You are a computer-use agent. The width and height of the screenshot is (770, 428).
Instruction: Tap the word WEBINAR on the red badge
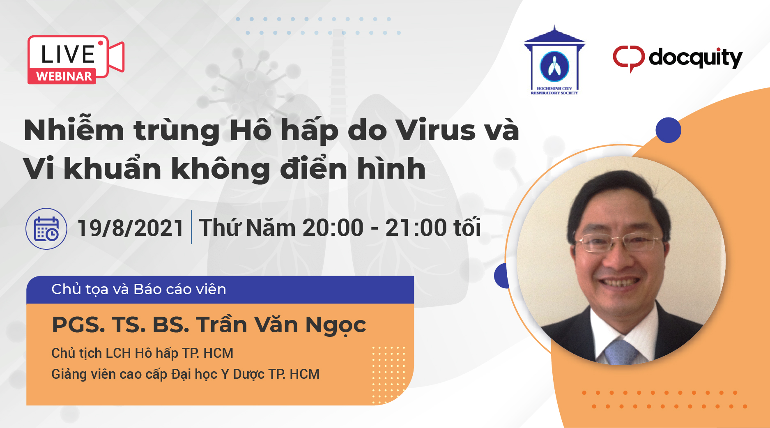[64, 76]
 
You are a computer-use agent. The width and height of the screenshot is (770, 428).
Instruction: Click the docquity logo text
[696, 58]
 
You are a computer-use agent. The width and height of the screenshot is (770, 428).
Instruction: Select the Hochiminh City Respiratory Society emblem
[554, 60]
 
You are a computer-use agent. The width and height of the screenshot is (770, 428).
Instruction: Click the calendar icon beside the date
[46, 229]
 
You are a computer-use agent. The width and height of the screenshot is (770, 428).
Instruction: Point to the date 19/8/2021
[130, 228]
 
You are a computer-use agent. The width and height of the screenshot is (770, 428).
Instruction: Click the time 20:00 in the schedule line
[333, 228]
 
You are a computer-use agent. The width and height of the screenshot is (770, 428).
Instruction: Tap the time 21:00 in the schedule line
[416, 228]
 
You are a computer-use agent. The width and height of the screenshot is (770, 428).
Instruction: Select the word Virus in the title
[435, 130]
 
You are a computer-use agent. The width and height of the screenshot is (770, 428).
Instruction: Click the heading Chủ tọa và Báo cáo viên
[139, 289]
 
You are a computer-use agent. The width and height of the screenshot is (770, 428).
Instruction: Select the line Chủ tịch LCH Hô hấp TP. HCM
[142, 353]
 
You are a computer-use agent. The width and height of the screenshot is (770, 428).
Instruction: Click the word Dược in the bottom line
[249, 375]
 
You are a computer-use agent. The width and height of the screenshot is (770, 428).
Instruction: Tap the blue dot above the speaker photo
[668, 130]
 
